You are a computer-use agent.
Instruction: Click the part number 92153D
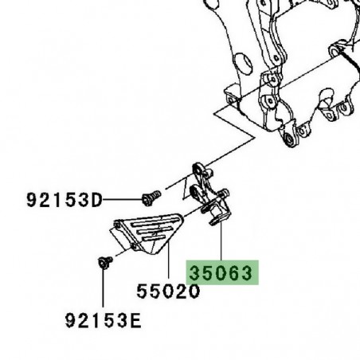(66, 200)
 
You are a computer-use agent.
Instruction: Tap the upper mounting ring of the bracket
(197, 169)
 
